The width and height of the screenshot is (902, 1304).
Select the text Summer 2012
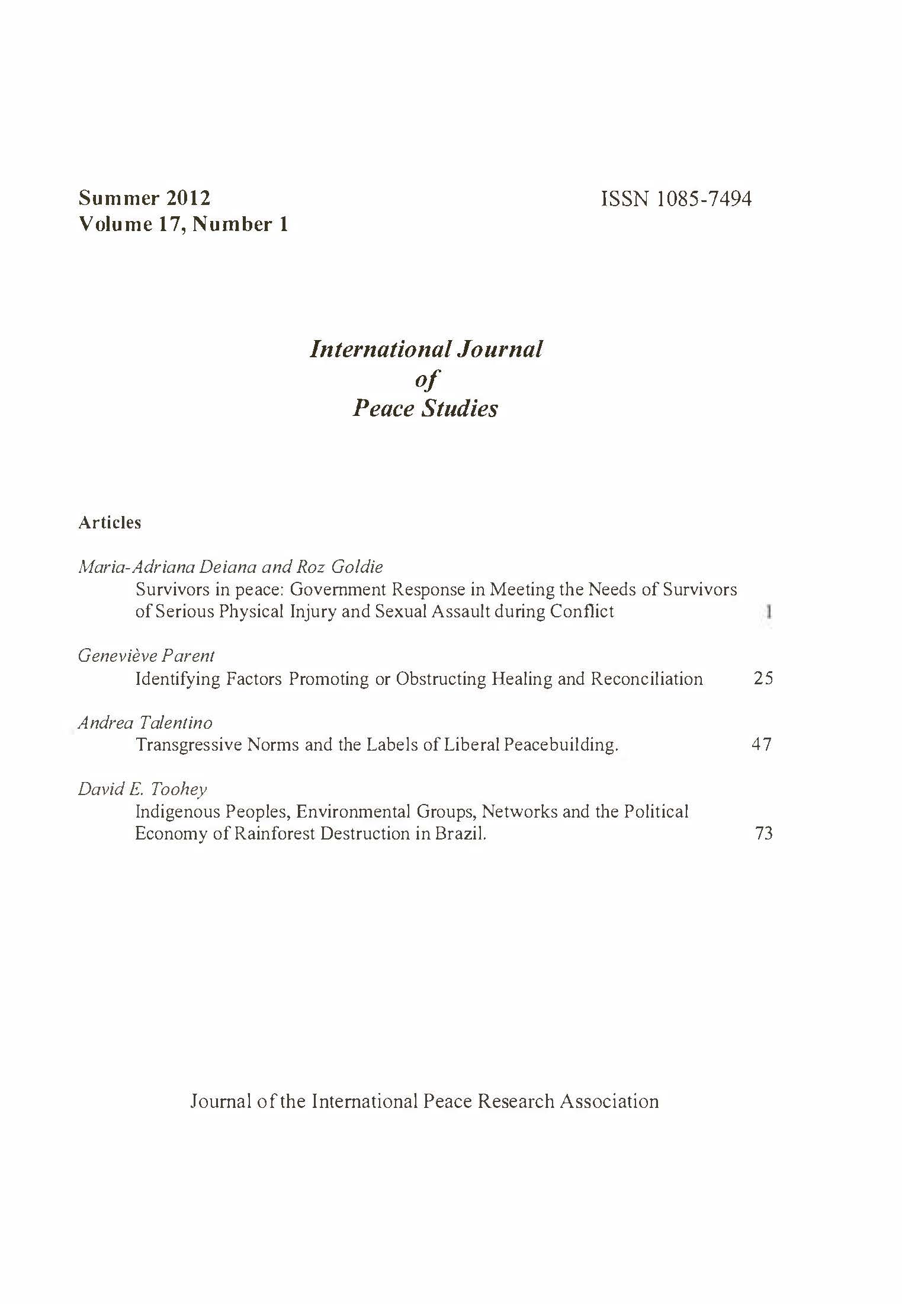coord(144,197)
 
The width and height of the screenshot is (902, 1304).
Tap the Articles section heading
coord(110,523)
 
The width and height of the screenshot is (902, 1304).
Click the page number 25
coord(763,678)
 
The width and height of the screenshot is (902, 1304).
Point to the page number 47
coord(762,744)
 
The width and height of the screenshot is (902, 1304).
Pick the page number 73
coord(764,834)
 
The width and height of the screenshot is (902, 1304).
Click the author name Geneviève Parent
coord(146,656)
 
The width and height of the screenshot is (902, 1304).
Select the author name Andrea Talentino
coord(145,722)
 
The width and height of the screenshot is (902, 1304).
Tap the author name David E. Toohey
coord(143,789)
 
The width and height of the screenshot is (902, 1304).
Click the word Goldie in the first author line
coord(357,567)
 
